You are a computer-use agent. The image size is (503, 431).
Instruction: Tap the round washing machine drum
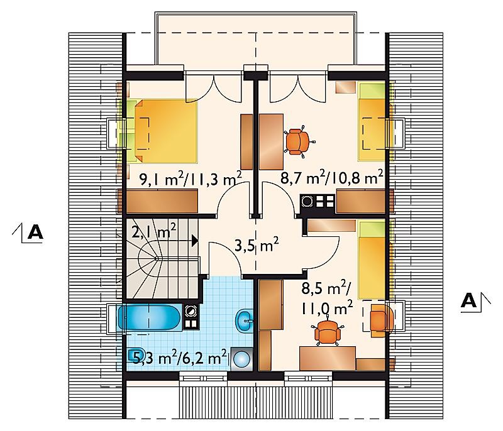pos(241,359)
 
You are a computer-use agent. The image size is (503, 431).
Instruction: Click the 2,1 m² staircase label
pos(153,231)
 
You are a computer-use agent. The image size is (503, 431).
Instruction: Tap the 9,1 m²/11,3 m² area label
pos(191,180)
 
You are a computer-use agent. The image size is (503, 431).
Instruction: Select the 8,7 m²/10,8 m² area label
pos(332,178)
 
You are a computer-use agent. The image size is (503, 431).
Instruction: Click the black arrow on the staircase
pos(195,241)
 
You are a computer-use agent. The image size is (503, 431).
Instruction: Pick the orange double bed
pos(165,131)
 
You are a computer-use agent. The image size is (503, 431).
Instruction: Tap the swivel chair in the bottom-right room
pos(327,332)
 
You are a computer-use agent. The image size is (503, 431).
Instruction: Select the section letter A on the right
pos(468,301)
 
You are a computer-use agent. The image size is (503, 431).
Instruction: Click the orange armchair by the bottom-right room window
pos(382,320)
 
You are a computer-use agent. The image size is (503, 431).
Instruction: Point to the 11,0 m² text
pos(327,308)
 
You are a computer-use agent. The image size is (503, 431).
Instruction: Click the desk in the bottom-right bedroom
pos(328,358)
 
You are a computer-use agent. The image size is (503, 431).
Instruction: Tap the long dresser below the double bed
pos(162,201)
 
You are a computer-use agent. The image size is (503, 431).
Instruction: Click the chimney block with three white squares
pos(318,201)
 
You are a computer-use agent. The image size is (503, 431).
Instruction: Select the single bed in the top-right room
pos(372,122)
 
